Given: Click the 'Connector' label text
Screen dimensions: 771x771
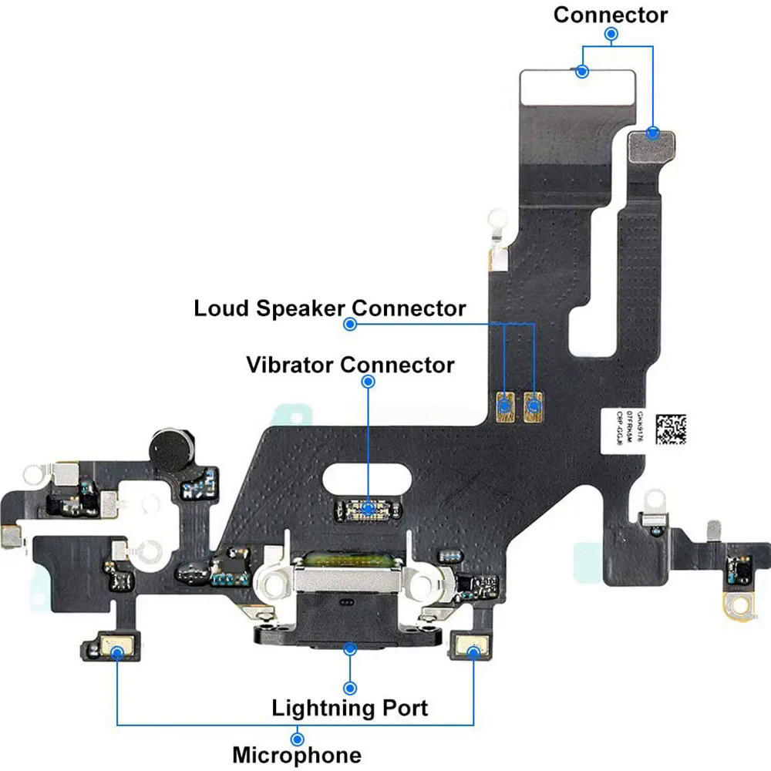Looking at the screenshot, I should pyautogui.click(x=611, y=14).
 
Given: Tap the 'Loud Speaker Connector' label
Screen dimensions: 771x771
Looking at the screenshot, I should pyautogui.click(x=330, y=308).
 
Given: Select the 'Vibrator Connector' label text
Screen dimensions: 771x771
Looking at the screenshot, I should pyautogui.click(x=350, y=364).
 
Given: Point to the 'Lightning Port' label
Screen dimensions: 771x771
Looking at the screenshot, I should pyautogui.click(x=349, y=707).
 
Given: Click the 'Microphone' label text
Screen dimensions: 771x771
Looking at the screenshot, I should pyautogui.click(x=296, y=754).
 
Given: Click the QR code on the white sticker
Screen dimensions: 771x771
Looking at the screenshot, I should pyautogui.click(x=669, y=429).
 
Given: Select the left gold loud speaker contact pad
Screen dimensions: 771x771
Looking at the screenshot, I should pyautogui.click(x=506, y=405).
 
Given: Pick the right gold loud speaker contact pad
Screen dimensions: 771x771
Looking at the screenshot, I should pyautogui.click(x=534, y=405).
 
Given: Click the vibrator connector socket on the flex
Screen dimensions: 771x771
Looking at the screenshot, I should pyautogui.click(x=369, y=509).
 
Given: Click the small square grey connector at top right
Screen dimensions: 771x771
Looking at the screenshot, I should pyautogui.click(x=651, y=144).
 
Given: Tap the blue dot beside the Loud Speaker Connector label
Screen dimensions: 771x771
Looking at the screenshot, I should pyautogui.click(x=350, y=325).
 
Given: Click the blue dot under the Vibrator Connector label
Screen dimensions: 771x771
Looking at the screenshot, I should pyautogui.click(x=368, y=381).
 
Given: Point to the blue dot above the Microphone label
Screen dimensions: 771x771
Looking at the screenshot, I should pyautogui.click(x=297, y=739).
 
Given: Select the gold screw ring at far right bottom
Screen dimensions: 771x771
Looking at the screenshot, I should pyautogui.click(x=739, y=607).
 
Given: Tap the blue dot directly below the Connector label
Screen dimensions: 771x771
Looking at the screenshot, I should pyautogui.click(x=611, y=34).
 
